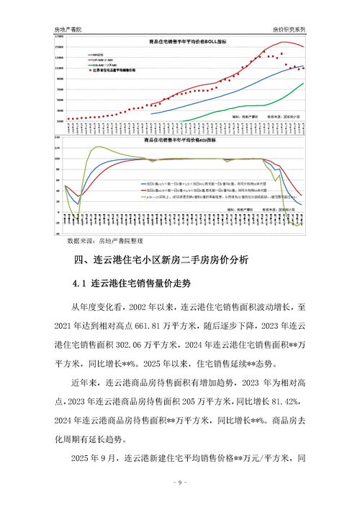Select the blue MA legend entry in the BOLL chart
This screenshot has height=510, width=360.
(96, 54)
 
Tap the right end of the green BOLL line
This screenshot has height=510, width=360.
(303, 83)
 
